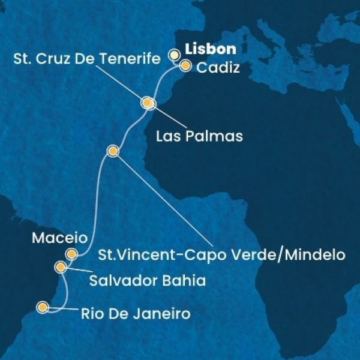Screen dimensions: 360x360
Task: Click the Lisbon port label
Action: [209, 49]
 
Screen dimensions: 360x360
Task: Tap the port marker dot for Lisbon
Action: [174, 55]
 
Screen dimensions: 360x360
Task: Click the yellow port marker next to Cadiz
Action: [185, 66]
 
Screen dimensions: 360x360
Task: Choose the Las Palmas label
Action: [199, 136]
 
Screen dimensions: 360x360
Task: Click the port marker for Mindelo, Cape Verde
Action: [112, 151]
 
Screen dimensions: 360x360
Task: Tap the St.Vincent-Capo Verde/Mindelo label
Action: [221, 254]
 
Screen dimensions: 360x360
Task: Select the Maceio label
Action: [54, 237]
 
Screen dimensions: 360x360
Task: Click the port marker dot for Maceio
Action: [72, 254]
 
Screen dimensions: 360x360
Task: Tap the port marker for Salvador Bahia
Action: [61, 266]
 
